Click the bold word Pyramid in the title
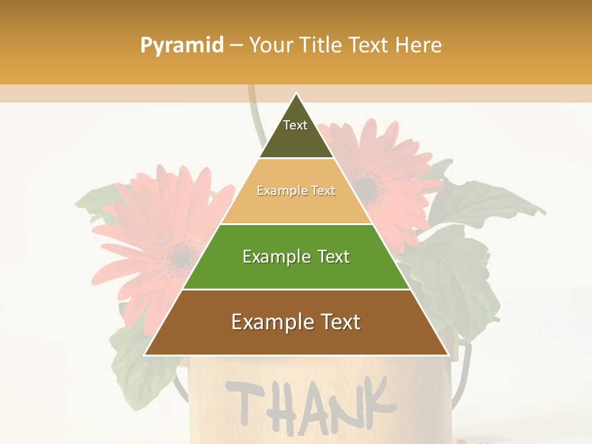point(181,46)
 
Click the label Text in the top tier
point(295,125)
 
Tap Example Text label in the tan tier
point(296,191)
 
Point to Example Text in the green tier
point(296,257)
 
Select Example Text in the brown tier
point(296,322)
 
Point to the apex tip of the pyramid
point(297,94)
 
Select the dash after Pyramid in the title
point(236,46)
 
